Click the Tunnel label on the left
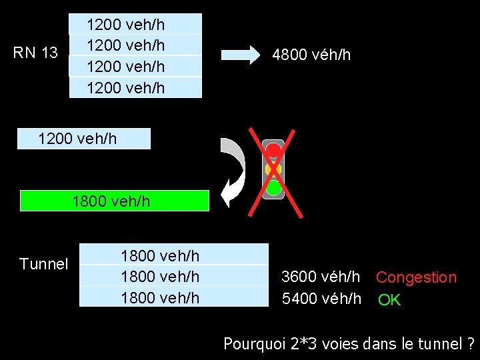pyautogui.click(x=44, y=264)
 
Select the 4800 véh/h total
pyautogui.click(x=311, y=55)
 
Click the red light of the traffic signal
pyautogui.click(x=273, y=151)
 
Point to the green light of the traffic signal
pyautogui.click(x=273, y=187)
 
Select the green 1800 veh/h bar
pyautogui.click(x=115, y=201)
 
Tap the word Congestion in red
pyautogui.click(x=416, y=277)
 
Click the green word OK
pyautogui.click(x=389, y=300)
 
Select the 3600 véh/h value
pyautogui.click(x=321, y=276)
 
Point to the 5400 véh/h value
pyautogui.click(x=321, y=299)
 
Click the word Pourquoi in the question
pyautogui.click(x=254, y=344)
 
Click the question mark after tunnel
pyautogui.click(x=471, y=344)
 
